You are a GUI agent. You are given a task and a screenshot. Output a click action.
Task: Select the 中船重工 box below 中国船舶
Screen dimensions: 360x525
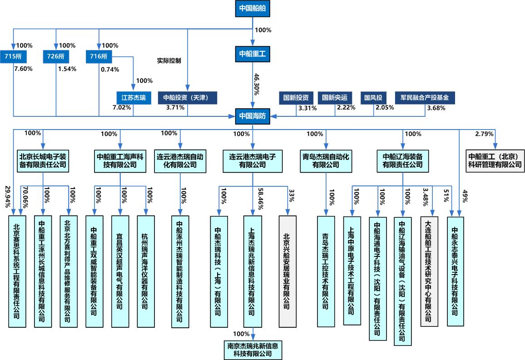(x=253, y=54)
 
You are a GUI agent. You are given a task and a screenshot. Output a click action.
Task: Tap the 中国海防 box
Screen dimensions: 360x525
(x=253, y=115)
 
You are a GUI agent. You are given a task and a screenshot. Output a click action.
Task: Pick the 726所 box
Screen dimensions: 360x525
(x=56, y=56)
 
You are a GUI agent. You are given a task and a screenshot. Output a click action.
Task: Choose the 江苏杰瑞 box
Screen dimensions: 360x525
(x=133, y=97)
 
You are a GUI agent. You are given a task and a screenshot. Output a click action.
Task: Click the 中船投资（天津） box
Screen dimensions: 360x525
(x=188, y=97)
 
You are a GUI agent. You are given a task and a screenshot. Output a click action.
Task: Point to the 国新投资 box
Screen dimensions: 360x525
(x=296, y=97)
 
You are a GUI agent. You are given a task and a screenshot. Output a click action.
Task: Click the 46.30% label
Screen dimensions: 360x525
(x=257, y=84)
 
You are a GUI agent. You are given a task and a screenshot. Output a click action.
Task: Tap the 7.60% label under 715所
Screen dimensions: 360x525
(x=24, y=69)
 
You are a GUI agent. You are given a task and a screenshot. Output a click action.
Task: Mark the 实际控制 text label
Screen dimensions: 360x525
(x=169, y=60)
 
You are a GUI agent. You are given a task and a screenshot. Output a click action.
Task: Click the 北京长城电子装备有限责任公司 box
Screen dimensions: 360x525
(x=43, y=160)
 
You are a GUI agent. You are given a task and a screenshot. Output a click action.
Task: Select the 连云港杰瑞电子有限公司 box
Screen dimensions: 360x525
(x=253, y=160)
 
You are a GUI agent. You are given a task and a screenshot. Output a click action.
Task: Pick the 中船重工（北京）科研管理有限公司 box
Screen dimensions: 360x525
(x=495, y=160)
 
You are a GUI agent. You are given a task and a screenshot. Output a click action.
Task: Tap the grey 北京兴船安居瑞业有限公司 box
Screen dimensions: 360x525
(x=287, y=271)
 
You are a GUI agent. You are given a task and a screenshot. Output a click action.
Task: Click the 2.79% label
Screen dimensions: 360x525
(x=484, y=134)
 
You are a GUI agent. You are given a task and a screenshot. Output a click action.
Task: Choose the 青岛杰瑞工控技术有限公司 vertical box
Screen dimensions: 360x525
(x=326, y=271)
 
